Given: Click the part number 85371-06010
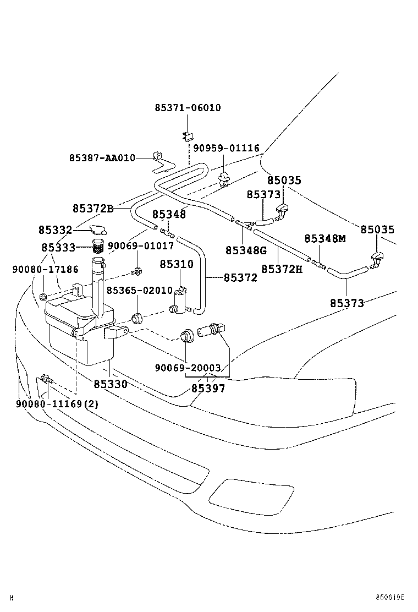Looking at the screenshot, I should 187,108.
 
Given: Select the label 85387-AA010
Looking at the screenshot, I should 102,158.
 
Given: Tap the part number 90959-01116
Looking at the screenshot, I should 226,149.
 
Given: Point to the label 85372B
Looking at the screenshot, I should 92,209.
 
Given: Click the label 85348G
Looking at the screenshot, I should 245,250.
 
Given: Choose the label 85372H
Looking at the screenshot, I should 282,269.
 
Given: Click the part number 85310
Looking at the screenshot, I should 177,264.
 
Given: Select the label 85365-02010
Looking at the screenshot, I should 139,290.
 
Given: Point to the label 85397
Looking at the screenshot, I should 208,388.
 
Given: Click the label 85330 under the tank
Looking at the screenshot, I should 110,384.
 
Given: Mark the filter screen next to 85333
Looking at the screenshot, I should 97,246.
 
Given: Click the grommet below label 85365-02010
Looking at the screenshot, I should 137,318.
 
